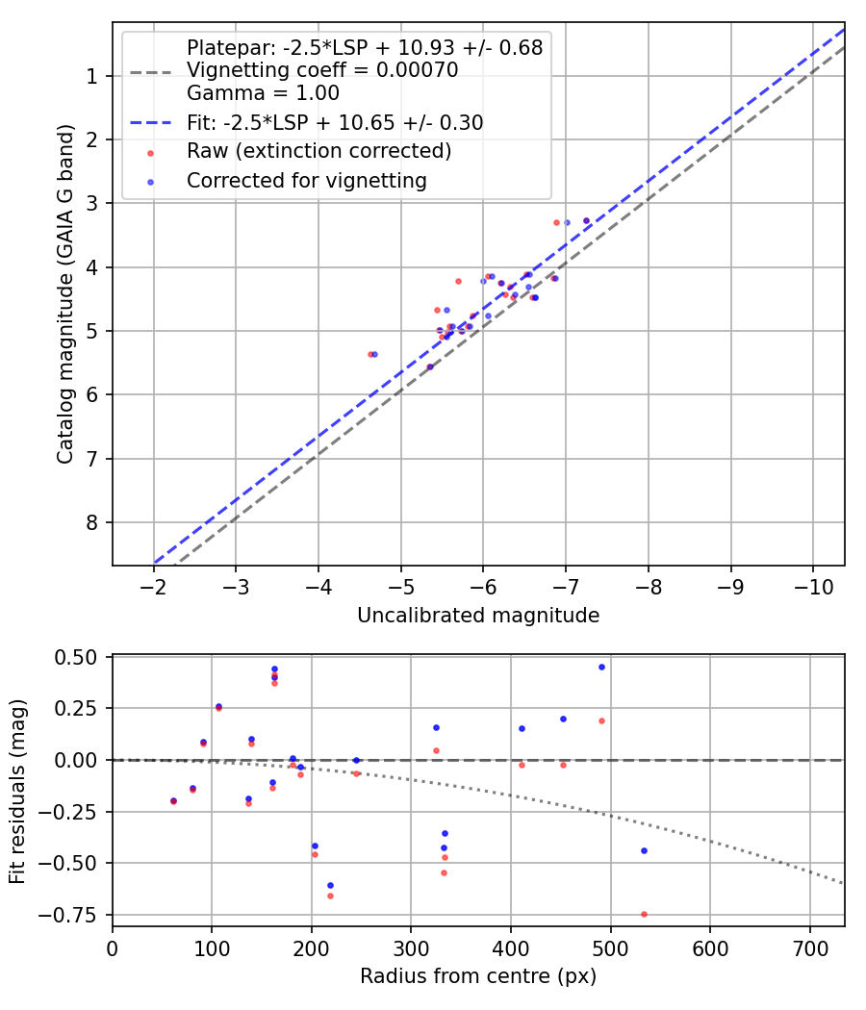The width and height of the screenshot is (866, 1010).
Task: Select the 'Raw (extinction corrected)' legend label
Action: point(318,151)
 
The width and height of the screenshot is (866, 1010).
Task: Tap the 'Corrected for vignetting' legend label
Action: point(307,181)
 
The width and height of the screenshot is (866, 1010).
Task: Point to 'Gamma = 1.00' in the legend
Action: point(263,92)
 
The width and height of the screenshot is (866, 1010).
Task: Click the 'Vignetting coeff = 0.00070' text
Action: point(322,69)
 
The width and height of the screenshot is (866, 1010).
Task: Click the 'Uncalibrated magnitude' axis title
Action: point(478,616)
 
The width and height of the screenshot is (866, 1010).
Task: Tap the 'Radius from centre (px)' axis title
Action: point(478,976)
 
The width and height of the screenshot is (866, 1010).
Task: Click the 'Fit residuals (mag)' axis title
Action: point(17,792)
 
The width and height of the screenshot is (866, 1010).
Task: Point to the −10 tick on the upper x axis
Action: point(812,587)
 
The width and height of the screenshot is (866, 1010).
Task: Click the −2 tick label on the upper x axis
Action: point(153,587)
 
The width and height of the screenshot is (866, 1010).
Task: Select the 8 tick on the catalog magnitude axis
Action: point(91,522)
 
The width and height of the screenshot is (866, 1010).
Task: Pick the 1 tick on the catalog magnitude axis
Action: point(91,76)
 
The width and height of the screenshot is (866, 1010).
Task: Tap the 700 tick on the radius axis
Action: point(809,948)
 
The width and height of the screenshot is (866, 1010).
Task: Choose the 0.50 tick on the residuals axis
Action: point(75,657)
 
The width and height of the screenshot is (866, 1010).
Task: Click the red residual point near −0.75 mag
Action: point(644,914)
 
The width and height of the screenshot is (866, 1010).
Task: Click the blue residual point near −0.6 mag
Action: point(331,885)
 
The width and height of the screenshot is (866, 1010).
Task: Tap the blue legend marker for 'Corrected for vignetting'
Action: point(150,182)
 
